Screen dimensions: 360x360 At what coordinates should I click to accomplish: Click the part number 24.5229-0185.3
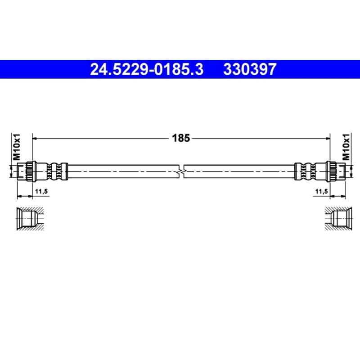147,69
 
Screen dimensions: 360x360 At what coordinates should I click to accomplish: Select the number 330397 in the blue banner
250,69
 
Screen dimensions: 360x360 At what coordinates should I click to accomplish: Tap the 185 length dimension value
181,138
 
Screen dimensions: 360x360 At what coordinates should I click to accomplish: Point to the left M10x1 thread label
17,147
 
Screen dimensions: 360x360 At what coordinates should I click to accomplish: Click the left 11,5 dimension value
41,191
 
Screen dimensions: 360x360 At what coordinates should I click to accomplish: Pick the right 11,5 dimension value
322,191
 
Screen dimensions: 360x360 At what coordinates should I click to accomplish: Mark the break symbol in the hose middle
181,171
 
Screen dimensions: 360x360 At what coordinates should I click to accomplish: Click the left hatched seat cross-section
30,218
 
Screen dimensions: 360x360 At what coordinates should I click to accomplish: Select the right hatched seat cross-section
338,218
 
